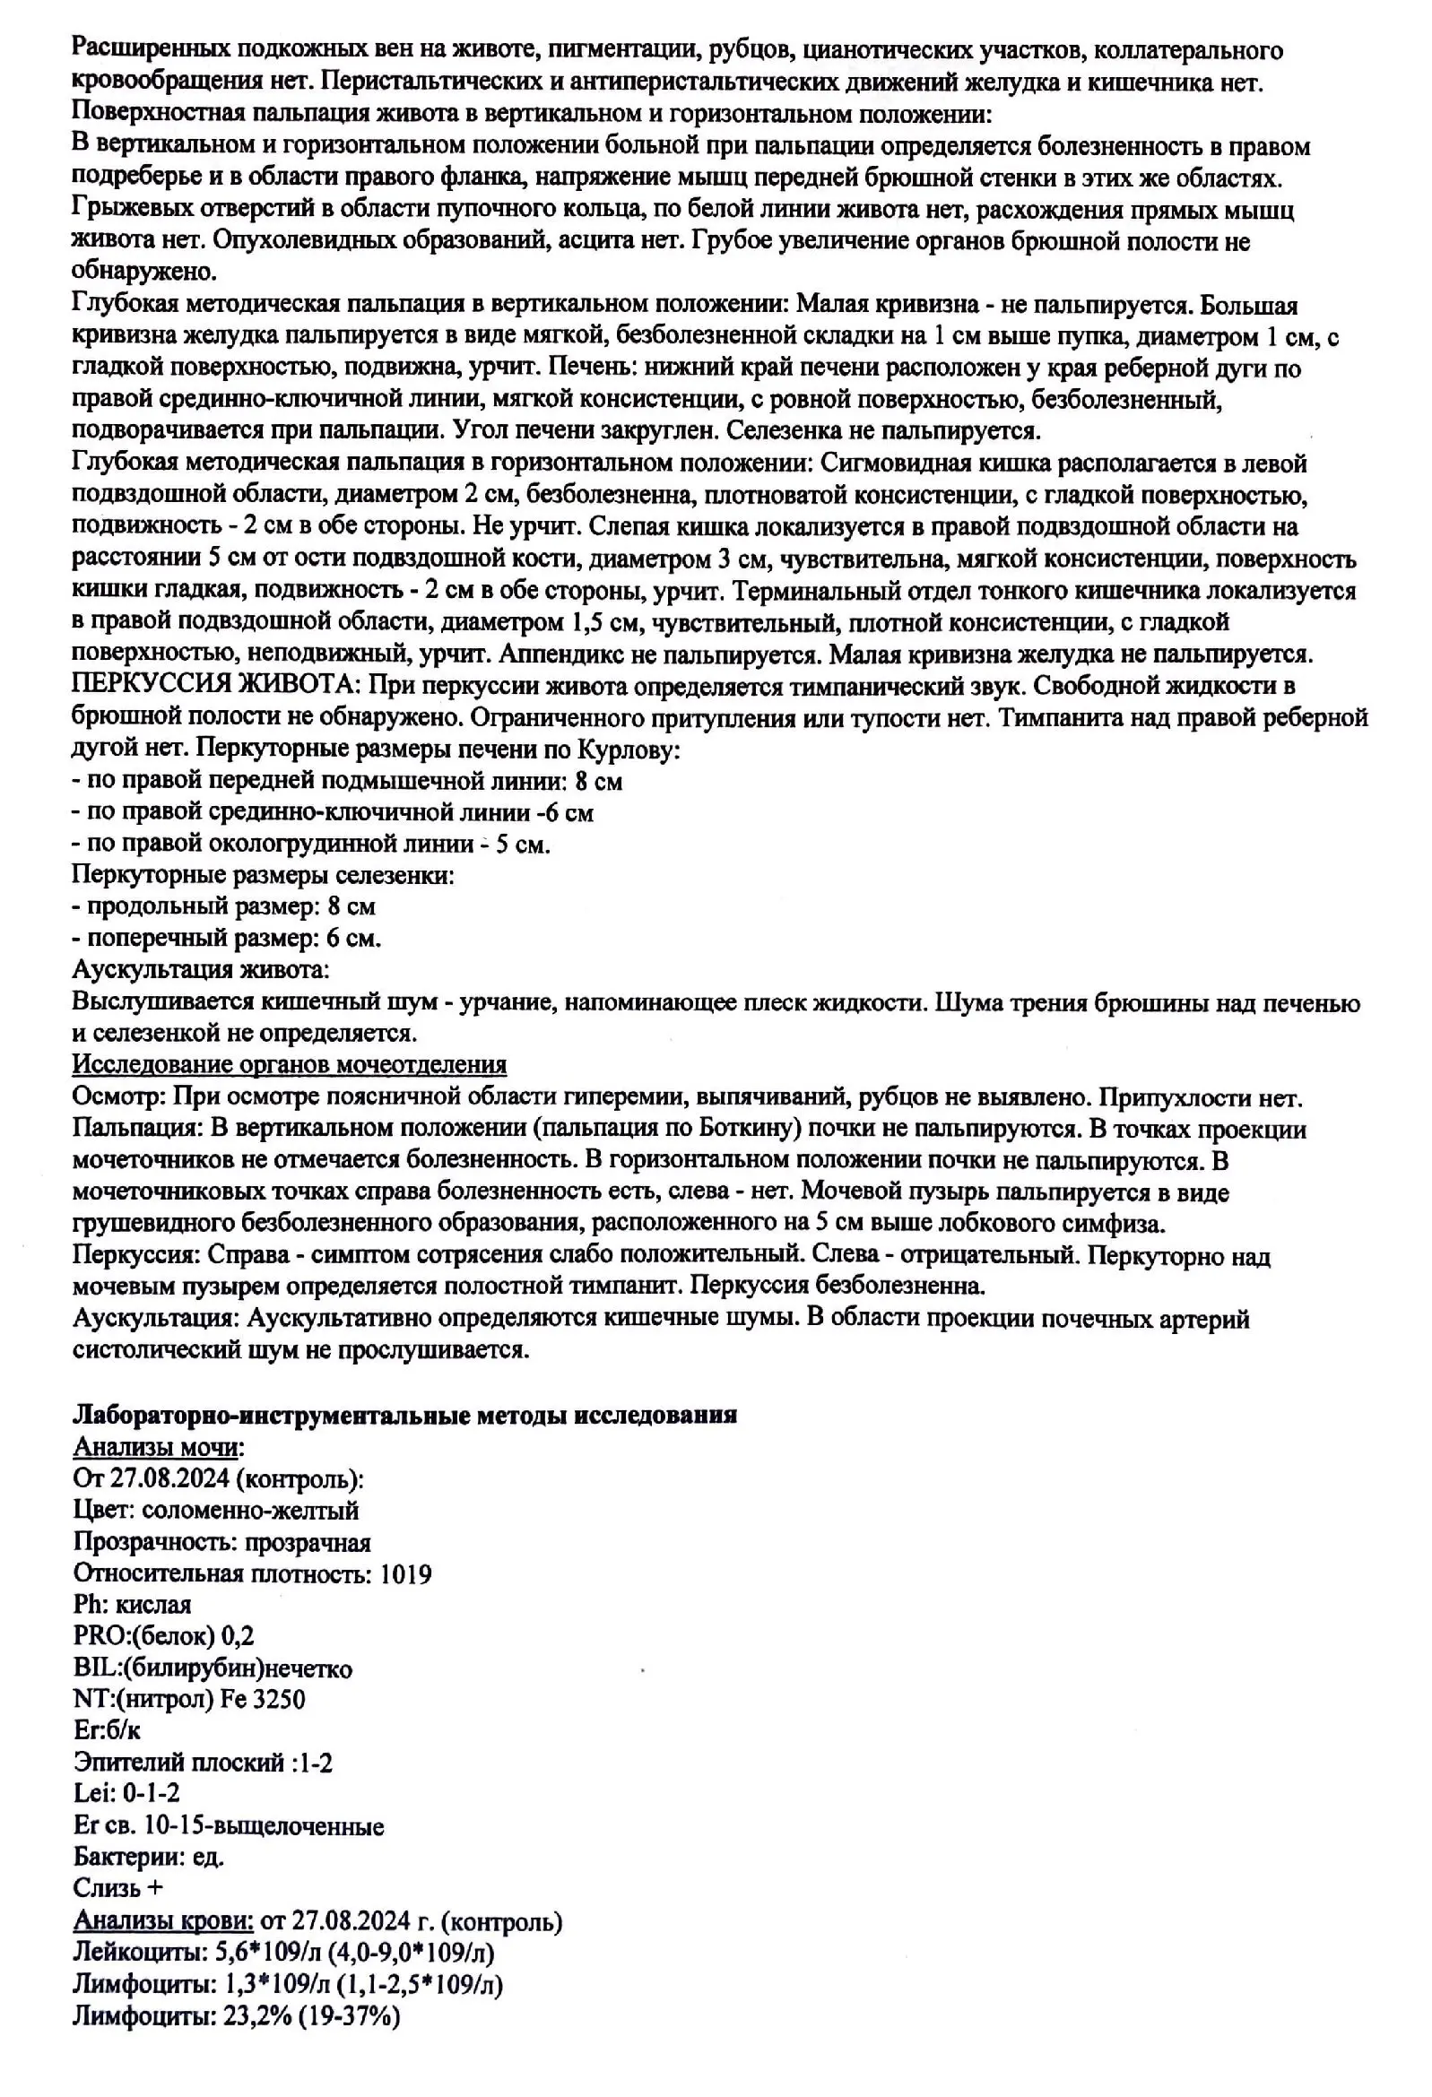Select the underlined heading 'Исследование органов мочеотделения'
tap(289, 1065)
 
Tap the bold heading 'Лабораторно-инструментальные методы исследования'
tap(404, 1414)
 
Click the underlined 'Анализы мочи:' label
tap(158, 1446)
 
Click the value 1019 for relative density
tap(405, 1573)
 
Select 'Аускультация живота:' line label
tap(200, 970)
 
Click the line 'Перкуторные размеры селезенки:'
tap(263, 874)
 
